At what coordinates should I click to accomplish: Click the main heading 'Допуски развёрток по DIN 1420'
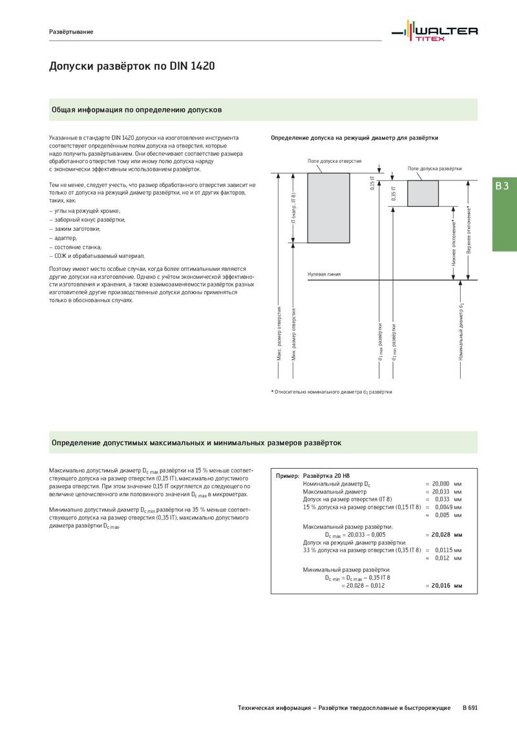point(132,67)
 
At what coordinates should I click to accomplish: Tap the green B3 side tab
point(502,186)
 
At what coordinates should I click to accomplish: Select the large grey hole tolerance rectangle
point(329,208)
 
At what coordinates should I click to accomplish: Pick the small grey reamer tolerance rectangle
point(423,193)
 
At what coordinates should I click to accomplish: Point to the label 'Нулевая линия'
point(323,275)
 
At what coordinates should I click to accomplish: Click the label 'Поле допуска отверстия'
point(334,160)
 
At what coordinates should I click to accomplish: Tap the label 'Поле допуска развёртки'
point(434,168)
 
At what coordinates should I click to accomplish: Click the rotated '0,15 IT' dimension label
point(372,182)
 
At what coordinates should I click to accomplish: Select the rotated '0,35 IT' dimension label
point(393,193)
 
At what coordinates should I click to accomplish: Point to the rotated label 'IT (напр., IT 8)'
point(293,208)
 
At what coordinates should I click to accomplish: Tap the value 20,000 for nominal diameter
point(441,484)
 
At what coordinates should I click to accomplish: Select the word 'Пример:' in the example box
point(288,476)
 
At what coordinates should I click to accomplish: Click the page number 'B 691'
point(470,708)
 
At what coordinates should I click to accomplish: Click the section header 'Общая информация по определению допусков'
point(137,110)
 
